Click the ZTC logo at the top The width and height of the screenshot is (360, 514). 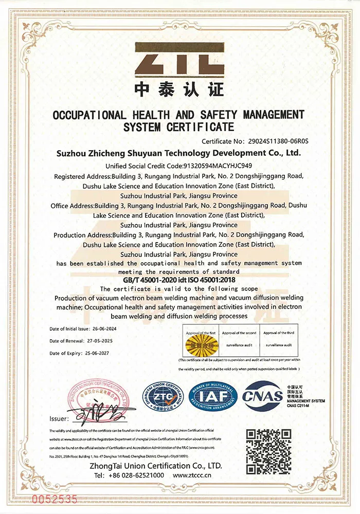(179, 59)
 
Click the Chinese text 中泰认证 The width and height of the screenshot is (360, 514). (179, 89)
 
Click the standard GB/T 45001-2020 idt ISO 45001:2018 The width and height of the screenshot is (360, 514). (179, 281)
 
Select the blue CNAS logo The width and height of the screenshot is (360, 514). (262, 396)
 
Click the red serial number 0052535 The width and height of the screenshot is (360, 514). (55, 498)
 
